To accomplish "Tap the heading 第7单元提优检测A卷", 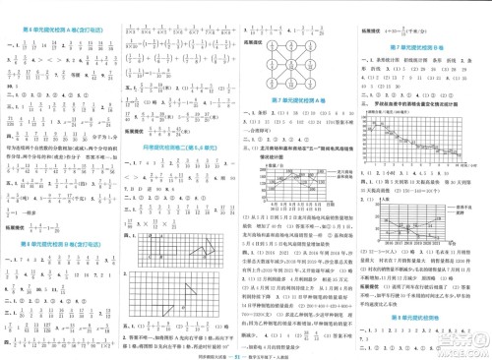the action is point(304,99).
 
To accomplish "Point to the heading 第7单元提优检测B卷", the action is point(422,47).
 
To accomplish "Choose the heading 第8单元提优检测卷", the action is point(422,292).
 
